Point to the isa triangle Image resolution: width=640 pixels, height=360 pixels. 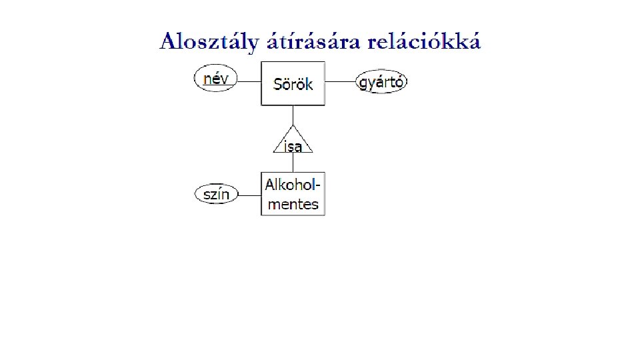point(293,141)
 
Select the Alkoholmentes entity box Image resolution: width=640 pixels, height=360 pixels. point(293,193)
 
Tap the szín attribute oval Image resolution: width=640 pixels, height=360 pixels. point(216,195)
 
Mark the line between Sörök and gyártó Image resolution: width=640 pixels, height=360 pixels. point(341,82)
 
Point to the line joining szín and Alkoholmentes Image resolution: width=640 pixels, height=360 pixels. point(249,195)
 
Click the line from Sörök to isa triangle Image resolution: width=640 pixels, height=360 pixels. point(293,115)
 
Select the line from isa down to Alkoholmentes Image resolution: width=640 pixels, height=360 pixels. point(293,163)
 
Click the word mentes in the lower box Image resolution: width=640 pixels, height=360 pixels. point(293,204)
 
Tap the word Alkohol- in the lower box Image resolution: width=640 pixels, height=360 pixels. point(293,184)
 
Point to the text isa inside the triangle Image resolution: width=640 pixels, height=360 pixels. point(293,147)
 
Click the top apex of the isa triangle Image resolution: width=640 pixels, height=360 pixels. point(293,125)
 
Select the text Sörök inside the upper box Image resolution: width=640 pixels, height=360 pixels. point(293,85)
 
